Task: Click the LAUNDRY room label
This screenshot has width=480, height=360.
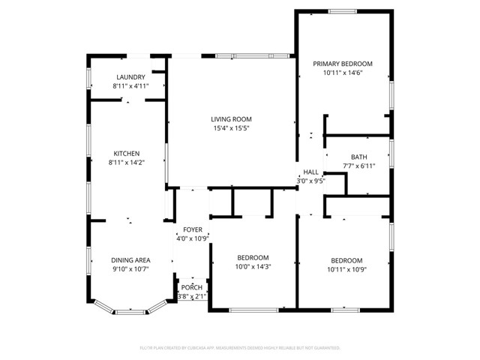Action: (x=130, y=77)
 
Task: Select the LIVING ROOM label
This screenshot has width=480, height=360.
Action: (x=230, y=119)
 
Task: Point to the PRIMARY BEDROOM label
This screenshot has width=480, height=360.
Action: (x=342, y=64)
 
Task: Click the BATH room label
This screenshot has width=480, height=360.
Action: (x=358, y=157)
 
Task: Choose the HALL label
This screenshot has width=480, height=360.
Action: (x=310, y=172)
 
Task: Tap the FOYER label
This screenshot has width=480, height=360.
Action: (x=193, y=229)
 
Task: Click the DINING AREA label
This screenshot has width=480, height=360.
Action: (x=130, y=260)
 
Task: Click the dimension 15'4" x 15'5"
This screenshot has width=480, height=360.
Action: (x=230, y=128)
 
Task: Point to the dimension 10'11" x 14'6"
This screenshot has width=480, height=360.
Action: (x=342, y=73)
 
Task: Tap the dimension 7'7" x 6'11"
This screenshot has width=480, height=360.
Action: (x=358, y=166)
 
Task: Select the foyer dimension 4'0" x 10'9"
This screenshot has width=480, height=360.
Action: (x=193, y=238)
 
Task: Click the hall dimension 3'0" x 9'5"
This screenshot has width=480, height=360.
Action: (x=310, y=181)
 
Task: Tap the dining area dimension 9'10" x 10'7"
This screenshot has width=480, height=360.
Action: (x=130, y=269)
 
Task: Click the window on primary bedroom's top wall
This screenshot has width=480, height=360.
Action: (x=342, y=10)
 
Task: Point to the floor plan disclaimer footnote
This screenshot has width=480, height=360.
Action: (x=240, y=348)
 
